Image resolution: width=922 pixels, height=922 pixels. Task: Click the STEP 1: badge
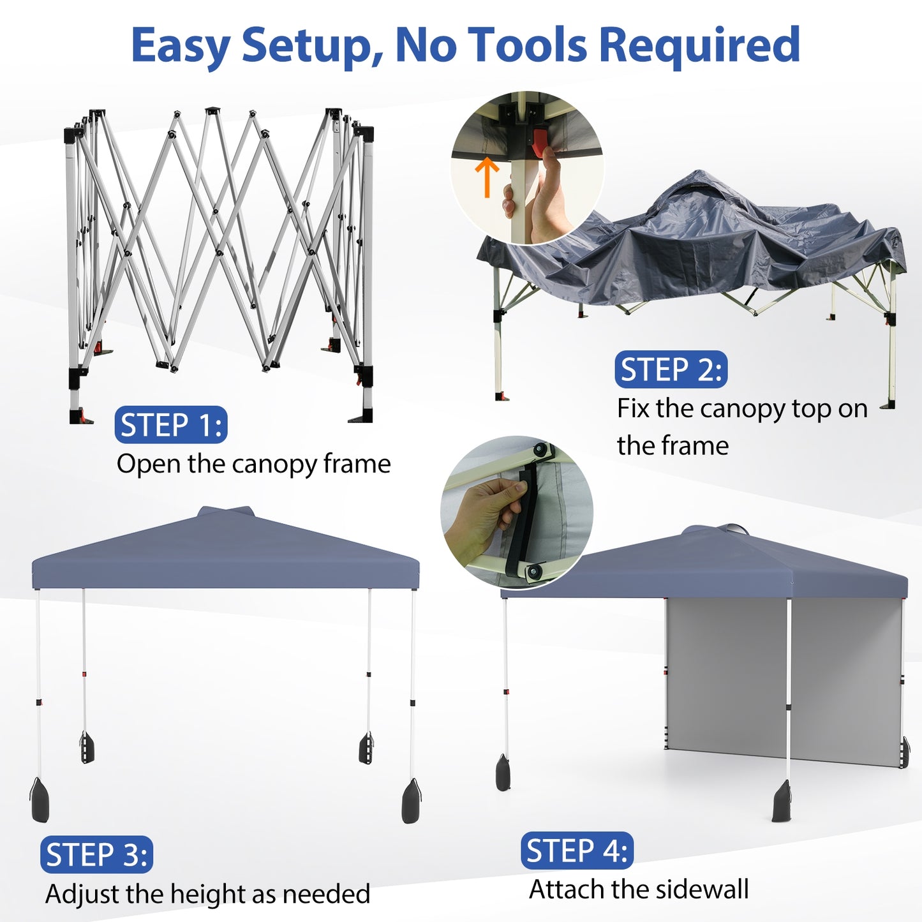[x=170, y=425]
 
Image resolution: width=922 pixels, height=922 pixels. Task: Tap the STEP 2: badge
[x=671, y=369]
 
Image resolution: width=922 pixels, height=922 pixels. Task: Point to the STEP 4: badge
[x=577, y=851]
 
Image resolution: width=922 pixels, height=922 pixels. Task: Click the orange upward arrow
[x=487, y=177]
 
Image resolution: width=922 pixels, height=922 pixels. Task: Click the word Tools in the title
[x=526, y=45]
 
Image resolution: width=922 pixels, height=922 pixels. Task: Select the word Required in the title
[x=700, y=45]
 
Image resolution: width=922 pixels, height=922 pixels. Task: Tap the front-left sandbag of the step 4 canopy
[x=503, y=773]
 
